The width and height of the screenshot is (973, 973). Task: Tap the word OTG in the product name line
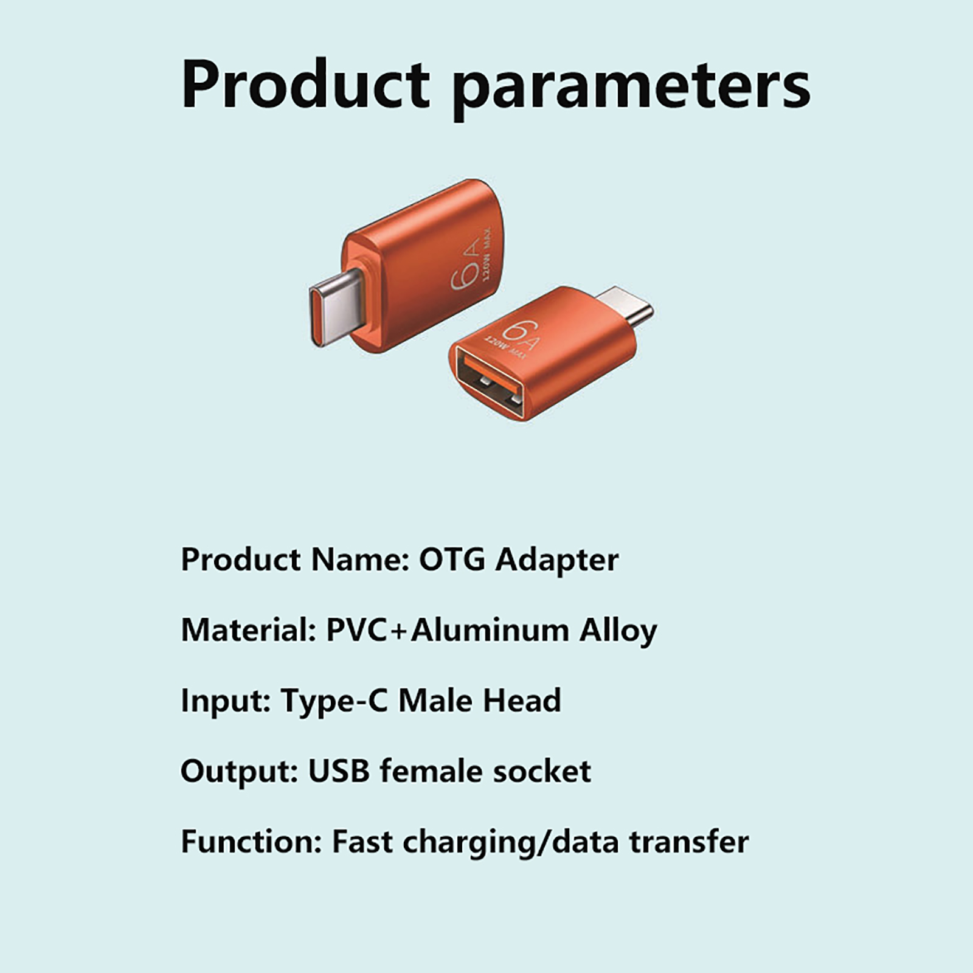[452, 559]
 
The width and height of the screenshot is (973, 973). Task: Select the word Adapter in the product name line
[556, 561]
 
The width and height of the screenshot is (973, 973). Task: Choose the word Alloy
[618, 632]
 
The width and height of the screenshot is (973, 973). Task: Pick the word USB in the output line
[339, 770]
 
